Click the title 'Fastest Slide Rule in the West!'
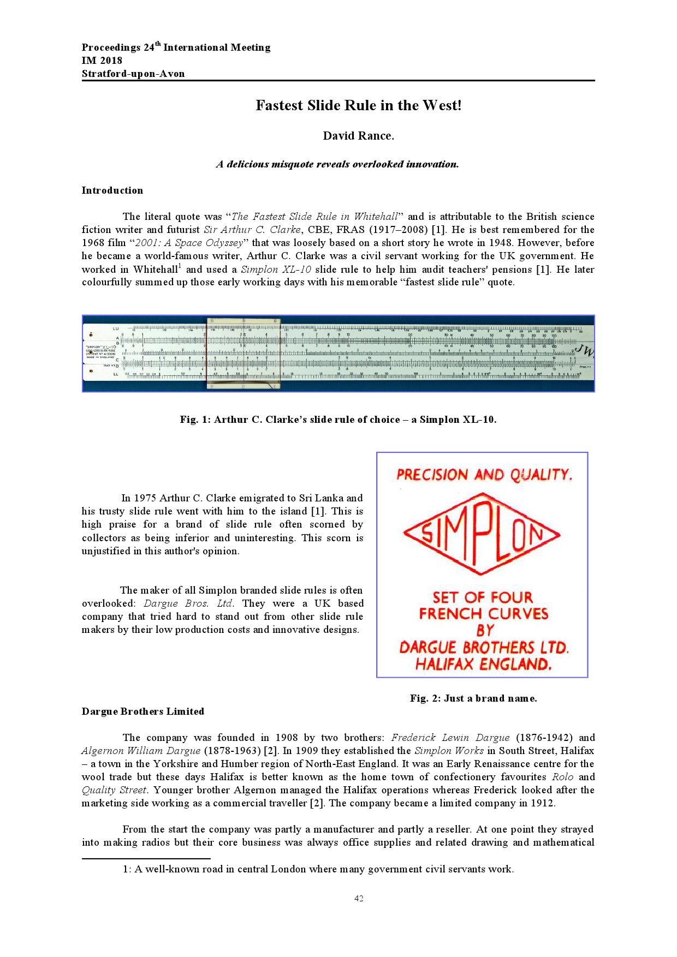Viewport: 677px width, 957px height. click(x=358, y=105)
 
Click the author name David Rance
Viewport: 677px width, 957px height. click(x=358, y=136)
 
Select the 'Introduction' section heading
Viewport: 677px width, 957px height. click(x=112, y=190)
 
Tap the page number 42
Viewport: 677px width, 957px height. click(x=359, y=899)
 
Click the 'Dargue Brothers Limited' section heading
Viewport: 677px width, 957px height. click(x=143, y=711)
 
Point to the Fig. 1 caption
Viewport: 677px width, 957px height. click(x=338, y=420)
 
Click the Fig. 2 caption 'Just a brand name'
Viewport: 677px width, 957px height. click(x=473, y=698)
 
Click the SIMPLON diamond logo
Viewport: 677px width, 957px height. click(x=482, y=534)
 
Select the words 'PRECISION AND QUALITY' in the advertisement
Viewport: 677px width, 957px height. click(x=484, y=475)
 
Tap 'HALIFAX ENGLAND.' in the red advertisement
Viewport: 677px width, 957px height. click(x=483, y=664)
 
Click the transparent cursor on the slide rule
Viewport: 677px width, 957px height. click(x=243, y=353)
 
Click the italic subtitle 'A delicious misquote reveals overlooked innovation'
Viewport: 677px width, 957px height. click(x=337, y=164)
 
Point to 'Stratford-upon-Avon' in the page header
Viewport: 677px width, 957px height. click(x=133, y=74)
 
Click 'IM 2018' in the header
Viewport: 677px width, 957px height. click(x=102, y=61)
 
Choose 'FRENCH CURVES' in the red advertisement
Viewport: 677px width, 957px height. click(x=483, y=614)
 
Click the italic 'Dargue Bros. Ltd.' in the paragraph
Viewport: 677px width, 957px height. click(x=188, y=603)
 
